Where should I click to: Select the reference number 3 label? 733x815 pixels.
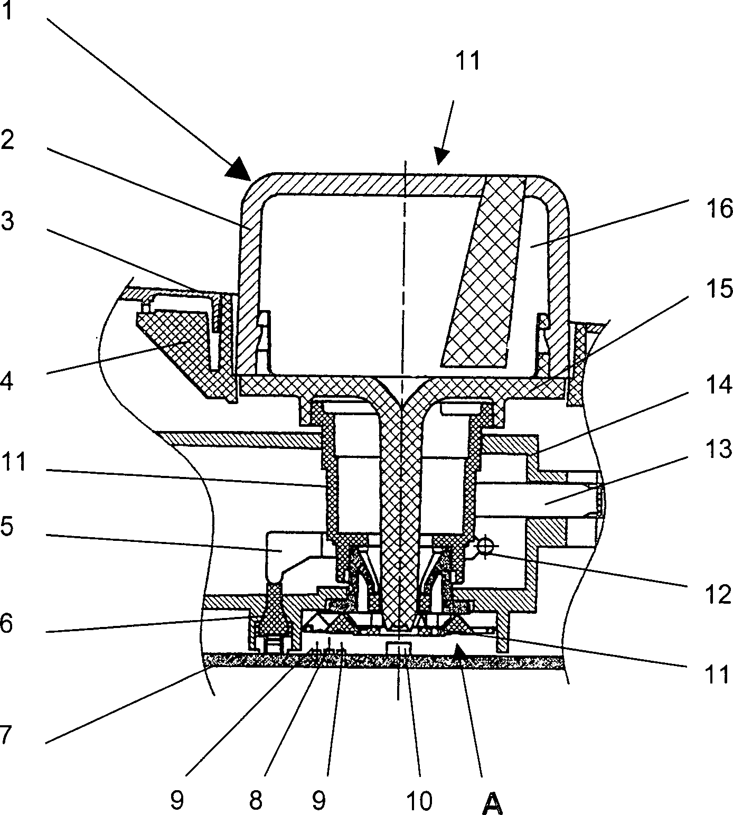pos(7,222)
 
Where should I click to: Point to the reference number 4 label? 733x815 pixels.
pos(7,380)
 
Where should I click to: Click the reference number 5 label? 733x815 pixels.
pos(7,527)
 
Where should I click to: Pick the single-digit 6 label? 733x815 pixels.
pos(7,623)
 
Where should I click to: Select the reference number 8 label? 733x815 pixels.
pos(256,801)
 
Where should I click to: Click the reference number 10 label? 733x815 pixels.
pos(419,801)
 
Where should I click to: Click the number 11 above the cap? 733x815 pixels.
pos(467,61)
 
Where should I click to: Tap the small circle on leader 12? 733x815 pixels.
pos(483,544)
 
